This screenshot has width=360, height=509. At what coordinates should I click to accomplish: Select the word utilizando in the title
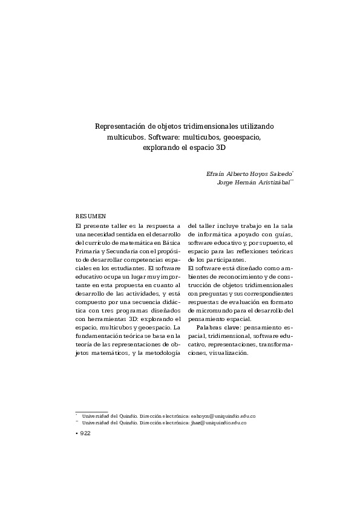coord(255,126)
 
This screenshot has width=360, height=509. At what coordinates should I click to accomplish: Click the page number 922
coord(84,434)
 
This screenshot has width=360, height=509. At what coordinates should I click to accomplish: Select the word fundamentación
coord(101,336)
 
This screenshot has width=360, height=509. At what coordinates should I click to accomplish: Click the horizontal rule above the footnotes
coord(91,410)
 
